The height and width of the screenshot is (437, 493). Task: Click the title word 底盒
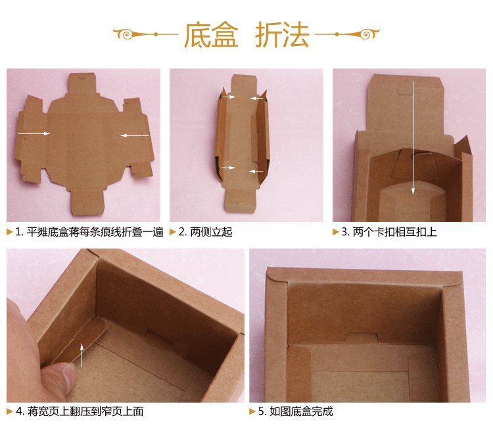pyautogui.click(x=210, y=35)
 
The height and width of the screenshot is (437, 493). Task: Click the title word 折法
pyautogui.click(x=282, y=35)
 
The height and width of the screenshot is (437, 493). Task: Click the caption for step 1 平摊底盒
pyautogui.click(x=89, y=232)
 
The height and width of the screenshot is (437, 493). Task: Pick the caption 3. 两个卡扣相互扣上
pyautogui.click(x=388, y=232)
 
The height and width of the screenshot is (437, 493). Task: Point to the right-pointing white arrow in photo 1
pyautogui.click(x=34, y=133)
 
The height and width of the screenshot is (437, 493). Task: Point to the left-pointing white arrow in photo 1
pyautogui.click(x=135, y=136)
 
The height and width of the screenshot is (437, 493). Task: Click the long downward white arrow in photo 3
pyautogui.click(x=413, y=138)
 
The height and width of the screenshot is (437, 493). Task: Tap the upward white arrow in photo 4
pyautogui.click(x=82, y=354)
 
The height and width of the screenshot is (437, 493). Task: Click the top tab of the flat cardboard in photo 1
pyautogui.click(x=83, y=84)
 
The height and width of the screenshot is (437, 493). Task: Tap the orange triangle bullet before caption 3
pyautogui.click(x=336, y=232)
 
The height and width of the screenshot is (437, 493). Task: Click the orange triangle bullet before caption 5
pyautogui.click(x=253, y=411)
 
